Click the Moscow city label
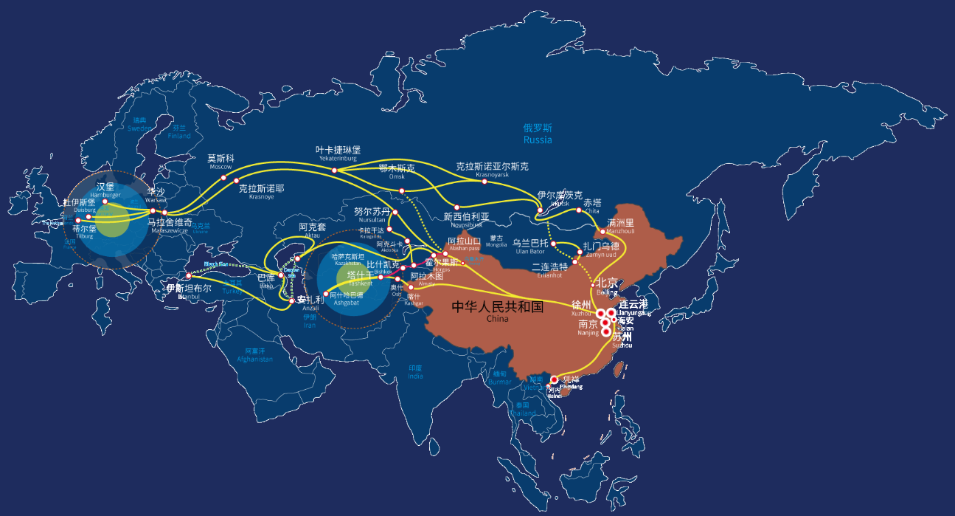pos(220,162)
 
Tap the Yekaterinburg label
pos(338,154)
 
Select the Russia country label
pos(538,134)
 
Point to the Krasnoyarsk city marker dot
pos(485,181)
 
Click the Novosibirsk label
pos(466,220)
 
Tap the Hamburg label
pos(105,190)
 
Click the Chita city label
pos(592,206)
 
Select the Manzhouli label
pos(620,226)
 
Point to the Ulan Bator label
pos(531,247)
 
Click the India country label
pos(415,372)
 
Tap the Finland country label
pos(179,131)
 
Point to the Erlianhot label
pos(549,270)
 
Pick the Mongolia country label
pos(497,241)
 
